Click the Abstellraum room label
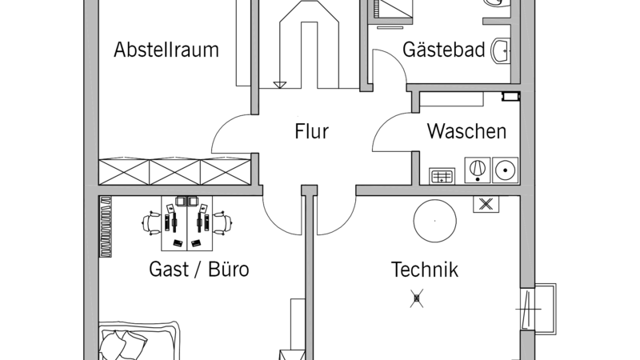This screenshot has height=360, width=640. [x=166, y=50]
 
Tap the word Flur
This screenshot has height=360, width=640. [x=311, y=131]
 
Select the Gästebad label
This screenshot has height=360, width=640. [x=444, y=50]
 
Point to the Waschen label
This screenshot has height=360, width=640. [x=466, y=131]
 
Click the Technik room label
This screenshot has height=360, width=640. [x=425, y=270]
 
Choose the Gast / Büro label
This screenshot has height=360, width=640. [x=198, y=269]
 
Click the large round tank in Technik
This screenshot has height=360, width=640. [x=434, y=221]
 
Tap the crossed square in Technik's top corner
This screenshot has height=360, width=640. [x=486, y=204]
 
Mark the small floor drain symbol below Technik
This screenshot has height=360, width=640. [x=416, y=298]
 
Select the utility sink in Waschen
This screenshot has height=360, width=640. [x=442, y=176]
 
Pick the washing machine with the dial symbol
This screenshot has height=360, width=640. [x=478, y=170]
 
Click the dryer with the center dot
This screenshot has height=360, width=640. [x=506, y=170]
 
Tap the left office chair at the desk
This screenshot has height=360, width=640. [x=151, y=223]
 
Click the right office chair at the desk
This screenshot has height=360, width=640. [x=223, y=223]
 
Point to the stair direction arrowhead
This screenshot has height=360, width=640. [x=279, y=85]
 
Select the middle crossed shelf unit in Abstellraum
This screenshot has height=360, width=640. [x=174, y=172]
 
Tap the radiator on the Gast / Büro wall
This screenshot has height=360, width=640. [x=106, y=227]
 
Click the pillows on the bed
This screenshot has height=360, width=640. [x=122, y=344]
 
